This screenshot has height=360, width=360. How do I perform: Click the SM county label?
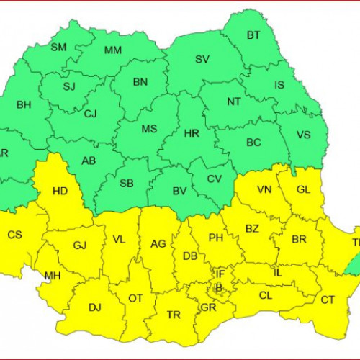click(58, 48)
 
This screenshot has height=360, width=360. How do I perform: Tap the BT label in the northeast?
click(254, 35)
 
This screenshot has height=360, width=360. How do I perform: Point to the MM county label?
click(112, 50)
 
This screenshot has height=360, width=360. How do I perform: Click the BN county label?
click(140, 82)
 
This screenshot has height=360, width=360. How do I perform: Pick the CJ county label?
click(90, 113)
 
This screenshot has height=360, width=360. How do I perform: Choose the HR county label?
click(191, 134)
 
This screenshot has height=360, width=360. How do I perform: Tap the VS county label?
click(304, 134)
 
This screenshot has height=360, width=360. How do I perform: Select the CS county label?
click(14, 235)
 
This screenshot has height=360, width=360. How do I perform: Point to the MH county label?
click(52, 275)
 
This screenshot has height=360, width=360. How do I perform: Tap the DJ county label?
click(94, 307)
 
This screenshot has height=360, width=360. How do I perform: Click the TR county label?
click(173, 315)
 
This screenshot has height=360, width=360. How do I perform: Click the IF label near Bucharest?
click(221, 274)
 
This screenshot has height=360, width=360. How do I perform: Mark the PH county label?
click(215, 237)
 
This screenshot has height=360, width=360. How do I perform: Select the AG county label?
click(158, 244)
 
